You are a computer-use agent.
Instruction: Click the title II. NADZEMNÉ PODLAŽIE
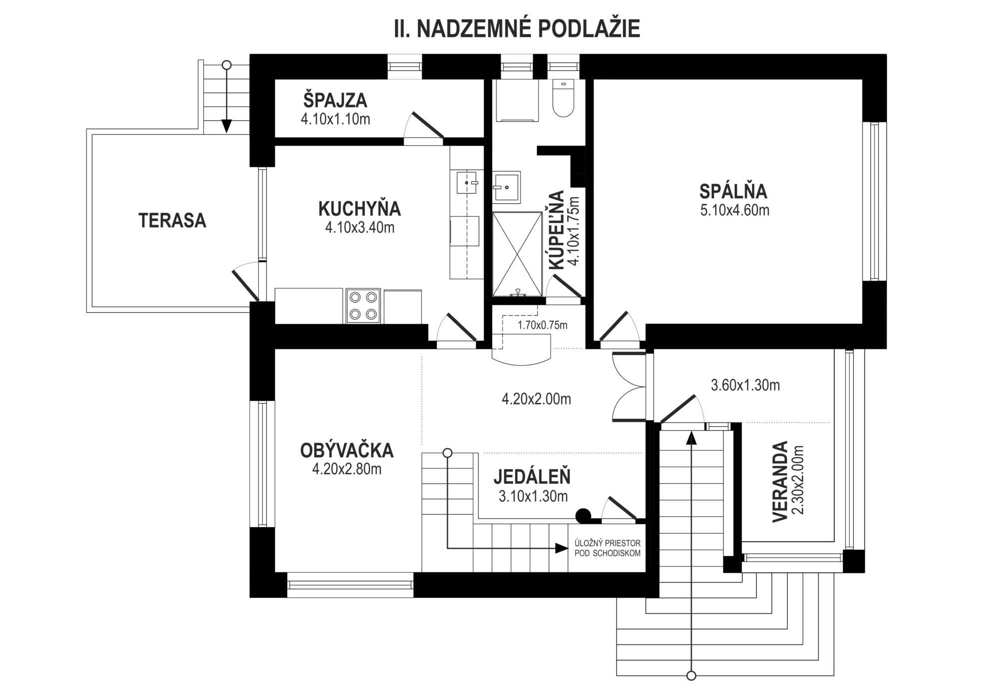tap(517, 29)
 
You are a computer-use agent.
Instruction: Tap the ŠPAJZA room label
tap(335, 100)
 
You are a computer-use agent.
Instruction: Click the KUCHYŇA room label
tap(360, 208)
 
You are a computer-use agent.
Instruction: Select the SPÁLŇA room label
tap(733, 191)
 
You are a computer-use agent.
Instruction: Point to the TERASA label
tap(172, 220)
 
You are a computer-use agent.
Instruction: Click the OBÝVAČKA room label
tap(347, 451)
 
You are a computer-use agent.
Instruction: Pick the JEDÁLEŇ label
tap(532, 477)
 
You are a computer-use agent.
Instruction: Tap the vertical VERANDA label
tap(780, 482)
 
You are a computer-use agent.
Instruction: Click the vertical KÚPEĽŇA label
tap(556, 230)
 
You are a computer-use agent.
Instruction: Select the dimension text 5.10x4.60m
tap(735, 210)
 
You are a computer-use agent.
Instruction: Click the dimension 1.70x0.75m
tap(542, 325)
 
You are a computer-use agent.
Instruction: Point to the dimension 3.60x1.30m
tap(745, 385)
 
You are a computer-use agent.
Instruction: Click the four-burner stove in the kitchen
tap(363, 306)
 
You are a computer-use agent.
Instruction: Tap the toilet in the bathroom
tap(563, 98)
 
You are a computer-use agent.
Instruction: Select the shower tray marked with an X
tap(517, 254)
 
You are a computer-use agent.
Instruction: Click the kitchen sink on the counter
tap(467, 182)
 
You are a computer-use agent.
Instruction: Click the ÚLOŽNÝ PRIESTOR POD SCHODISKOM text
tap(607, 548)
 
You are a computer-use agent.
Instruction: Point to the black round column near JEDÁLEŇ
tap(583, 516)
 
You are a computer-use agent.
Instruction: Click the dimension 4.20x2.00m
tap(536, 399)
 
